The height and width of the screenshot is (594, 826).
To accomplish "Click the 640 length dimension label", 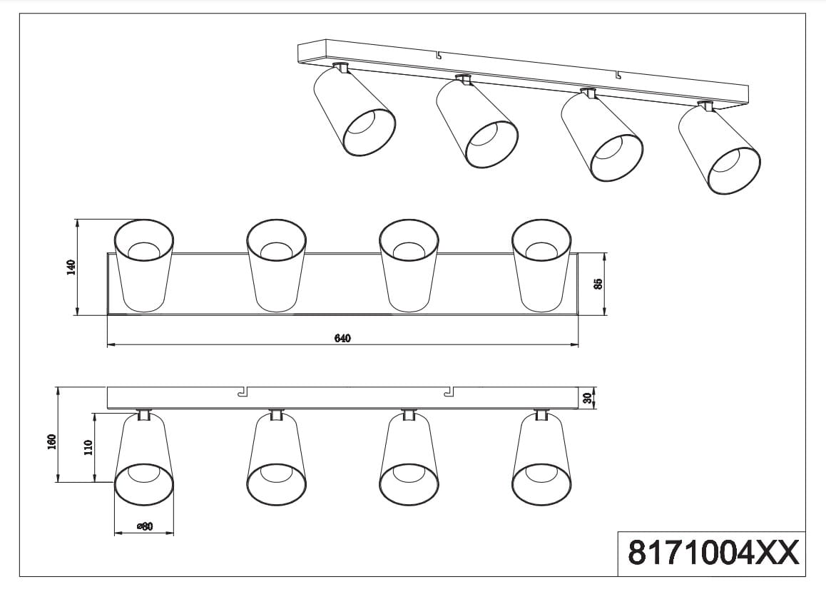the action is click(x=342, y=338).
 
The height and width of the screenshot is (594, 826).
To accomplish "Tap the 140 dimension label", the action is click(x=71, y=267).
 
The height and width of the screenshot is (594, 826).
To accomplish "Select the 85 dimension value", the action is click(x=597, y=284).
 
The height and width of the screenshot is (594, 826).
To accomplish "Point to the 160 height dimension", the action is click(x=51, y=442).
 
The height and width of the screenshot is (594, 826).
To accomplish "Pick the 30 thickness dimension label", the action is click(x=588, y=399).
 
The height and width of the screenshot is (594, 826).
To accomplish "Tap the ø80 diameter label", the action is click(x=144, y=526).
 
